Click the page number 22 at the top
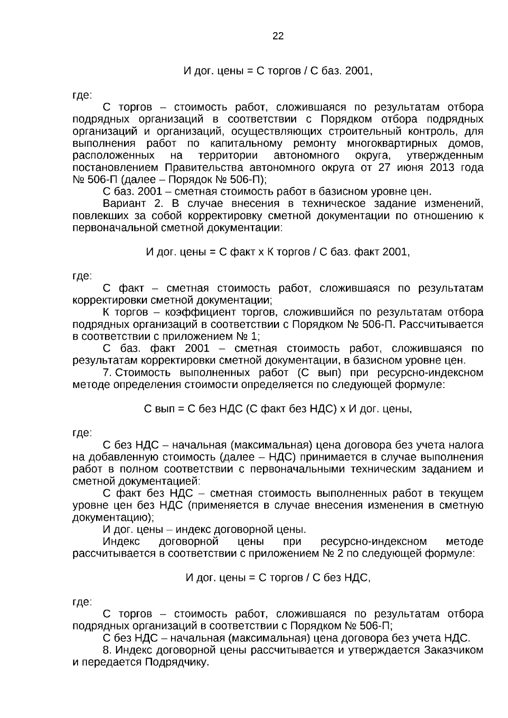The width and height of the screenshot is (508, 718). tap(278, 36)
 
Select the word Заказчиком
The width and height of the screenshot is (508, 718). tap(453, 650)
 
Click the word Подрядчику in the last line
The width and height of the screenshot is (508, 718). tap(177, 662)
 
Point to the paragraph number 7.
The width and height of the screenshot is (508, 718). tap(107, 373)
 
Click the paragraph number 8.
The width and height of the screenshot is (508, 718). tap(107, 650)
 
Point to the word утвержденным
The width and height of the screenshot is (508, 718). tap(444, 155)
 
